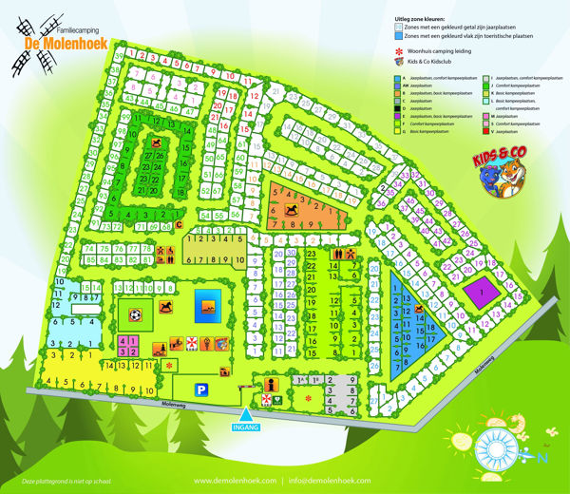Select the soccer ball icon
pos(137,313)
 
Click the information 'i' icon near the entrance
pos(272,384)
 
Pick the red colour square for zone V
pos(485,132)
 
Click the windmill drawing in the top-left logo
pos(25,43)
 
